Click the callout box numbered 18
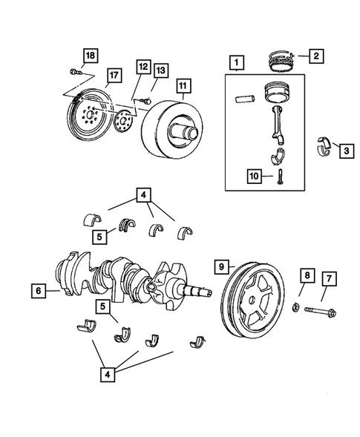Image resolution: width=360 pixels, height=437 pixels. [90, 56]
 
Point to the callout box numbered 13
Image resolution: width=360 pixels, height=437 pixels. [160, 70]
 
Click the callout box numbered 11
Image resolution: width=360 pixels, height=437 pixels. [183, 86]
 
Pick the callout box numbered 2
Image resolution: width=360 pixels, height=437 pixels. [315, 55]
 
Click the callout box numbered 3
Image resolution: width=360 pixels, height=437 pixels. [346, 151]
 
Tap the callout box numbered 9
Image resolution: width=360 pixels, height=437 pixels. [220, 264]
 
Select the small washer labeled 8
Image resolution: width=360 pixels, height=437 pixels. [295, 306]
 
